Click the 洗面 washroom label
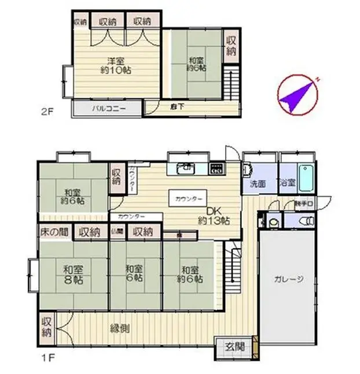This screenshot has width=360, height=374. [x=258, y=183]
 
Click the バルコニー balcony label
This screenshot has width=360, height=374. [x=106, y=108]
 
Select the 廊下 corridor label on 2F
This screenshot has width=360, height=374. [x=177, y=107]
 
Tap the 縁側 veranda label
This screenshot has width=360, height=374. [x=120, y=328]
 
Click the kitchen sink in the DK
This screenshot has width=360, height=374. [x=186, y=168]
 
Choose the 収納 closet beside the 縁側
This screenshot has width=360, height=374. [x=46, y=327]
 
